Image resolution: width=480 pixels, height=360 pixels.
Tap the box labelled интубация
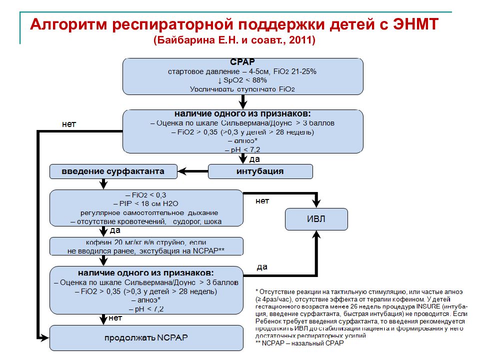[x=260, y=171]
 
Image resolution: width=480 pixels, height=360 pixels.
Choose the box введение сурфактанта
[x=113, y=171]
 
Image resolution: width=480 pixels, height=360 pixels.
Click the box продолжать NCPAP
[x=146, y=337]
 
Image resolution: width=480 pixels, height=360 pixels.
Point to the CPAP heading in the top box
[x=243, y=62]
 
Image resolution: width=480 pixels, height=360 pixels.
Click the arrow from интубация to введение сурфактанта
[x=192, y=171]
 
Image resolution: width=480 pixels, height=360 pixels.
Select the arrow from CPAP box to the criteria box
[x=243, y=102]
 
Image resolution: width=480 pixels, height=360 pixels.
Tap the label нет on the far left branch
[x=69, y=124]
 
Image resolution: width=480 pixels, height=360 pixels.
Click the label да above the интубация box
[x=254, y=158]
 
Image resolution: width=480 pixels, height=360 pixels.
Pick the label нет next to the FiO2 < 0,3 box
[x=262, y=201]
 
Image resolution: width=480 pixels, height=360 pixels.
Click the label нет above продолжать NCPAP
[x=115, y=317]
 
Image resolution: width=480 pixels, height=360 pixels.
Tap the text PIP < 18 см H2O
[x=146, y=203]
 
